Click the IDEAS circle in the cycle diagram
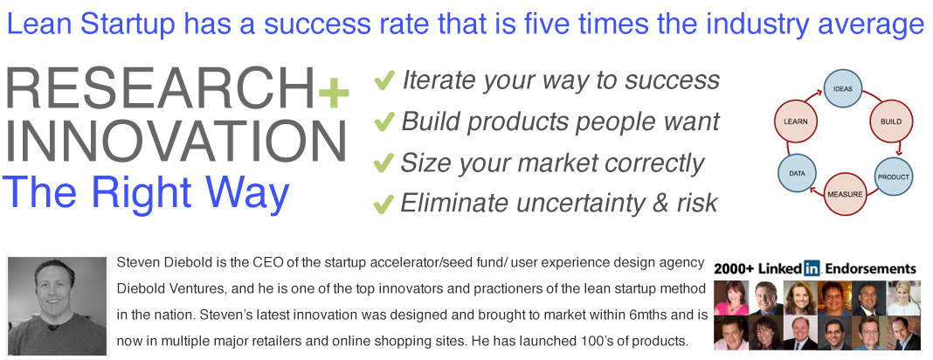[x=842, y=89]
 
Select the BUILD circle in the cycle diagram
[x=890, y=121]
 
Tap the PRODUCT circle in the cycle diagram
[x=893, y=177]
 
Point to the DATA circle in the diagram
[x=797, y=173]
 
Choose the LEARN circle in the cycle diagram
[x=795, y=121]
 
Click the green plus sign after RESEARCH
[x=333, y=94]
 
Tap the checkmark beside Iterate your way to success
[x=384, y=81]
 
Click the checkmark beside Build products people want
[x=384, y=122]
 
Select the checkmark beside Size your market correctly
[x=384, y=163]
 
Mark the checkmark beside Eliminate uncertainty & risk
[x=384, y=204]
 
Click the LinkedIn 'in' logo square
[x=812, y=268]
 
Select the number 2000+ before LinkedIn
[x=735, y=269]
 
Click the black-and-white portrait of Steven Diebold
[x=57, y=306]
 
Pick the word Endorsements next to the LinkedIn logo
[x=870, y=269]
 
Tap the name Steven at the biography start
[x=134, y=262]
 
